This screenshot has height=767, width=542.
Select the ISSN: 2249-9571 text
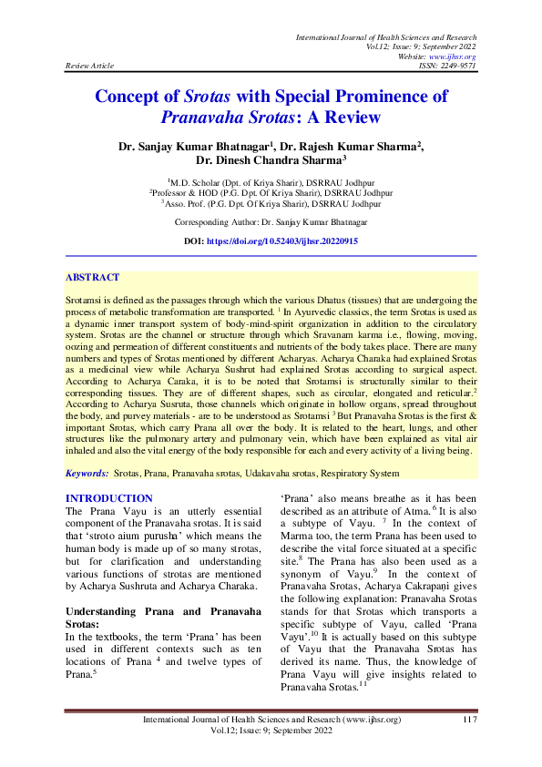click(446, 66)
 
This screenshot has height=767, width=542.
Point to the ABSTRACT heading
click(92, 277)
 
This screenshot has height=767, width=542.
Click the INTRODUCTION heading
click(109, 498)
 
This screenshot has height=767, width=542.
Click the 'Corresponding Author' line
click(271, 221)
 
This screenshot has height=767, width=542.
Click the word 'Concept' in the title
click(137, 97)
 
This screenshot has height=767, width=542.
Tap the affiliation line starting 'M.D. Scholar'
click(271, 182)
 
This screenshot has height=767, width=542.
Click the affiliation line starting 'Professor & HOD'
click(271, 193)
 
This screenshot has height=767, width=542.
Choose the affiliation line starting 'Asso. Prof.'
click(271, 204)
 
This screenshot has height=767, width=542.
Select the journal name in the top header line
click(387, 36)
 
